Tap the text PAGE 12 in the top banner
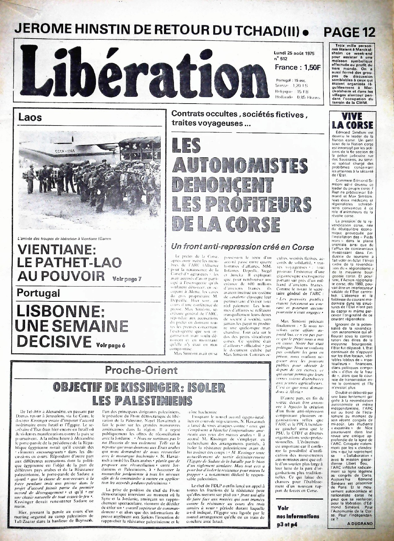[x=349, y=32]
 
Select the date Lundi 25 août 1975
[x=294, y=53]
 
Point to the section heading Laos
[x=30, y=117]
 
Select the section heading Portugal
[x=38, y=293]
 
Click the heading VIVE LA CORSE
[x=352, y=121]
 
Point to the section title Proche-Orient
[x=141, y=370]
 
